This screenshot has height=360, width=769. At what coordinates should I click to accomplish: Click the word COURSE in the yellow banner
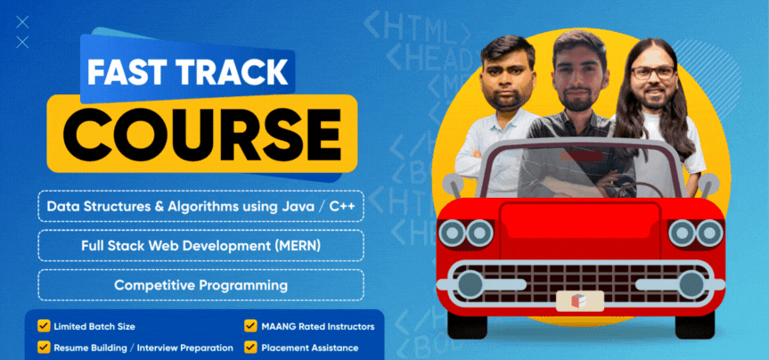[x=201, y=134]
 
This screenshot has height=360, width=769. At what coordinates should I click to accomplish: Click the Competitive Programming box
[x=201, y=285]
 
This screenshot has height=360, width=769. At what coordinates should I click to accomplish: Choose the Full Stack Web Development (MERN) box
[x=201, y=246]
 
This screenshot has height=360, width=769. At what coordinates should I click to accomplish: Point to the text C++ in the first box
[x=342, y=206]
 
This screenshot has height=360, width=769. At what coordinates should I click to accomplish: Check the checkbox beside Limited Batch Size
[x=44, y=326]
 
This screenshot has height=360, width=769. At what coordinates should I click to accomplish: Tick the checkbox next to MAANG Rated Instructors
[x=251, y=326]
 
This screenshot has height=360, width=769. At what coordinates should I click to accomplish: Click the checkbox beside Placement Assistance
[x=251, y=348]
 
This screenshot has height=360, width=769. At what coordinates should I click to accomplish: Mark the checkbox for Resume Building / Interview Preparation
[x=44, y=348]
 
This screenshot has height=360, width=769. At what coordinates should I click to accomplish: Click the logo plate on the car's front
[x=580, y=300]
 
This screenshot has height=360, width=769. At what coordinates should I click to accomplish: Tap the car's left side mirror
[x=452, y=183]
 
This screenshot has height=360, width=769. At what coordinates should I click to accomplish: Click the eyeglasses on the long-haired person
[x=653, y=73]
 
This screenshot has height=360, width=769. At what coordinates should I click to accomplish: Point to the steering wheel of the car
[x=633, y=189]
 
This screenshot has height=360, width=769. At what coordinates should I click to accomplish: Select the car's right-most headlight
[x=709, y=233]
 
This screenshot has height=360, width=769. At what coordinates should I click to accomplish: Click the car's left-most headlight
[x=452, y=233]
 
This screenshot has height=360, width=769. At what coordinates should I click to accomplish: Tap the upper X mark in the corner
[x=22, y=22]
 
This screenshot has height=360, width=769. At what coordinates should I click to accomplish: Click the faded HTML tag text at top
[x=417, y=27]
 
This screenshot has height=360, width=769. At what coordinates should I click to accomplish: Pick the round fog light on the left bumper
[x=470, y=284]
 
